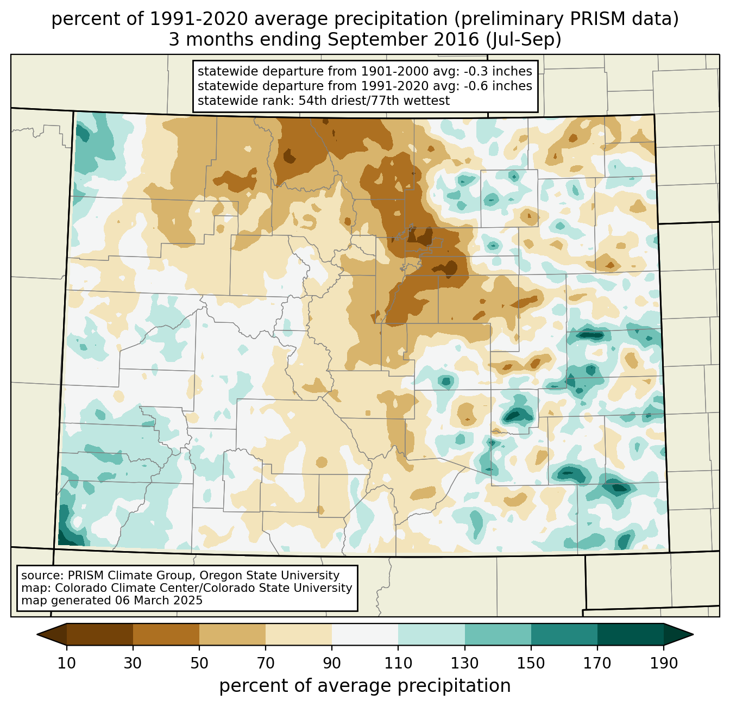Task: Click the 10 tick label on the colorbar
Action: [67, 664]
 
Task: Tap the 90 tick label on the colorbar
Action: [332, 664]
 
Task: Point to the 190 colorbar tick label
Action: [663, 664]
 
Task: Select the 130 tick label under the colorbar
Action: [464, 664]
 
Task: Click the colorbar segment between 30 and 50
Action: [166, 634]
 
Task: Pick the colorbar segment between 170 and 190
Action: [630, 634]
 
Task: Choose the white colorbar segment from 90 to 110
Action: [365, 634]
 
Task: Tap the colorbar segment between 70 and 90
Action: [299, 634]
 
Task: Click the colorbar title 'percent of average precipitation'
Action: [365, 686]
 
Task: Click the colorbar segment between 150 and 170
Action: [564, 634]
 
